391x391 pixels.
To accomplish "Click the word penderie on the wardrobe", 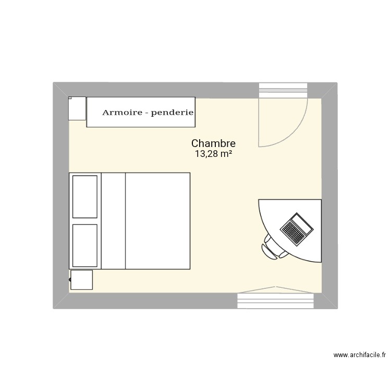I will [x=172, y=112].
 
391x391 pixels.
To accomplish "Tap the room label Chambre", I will [x=213, y=143].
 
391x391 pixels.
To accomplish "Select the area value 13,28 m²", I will [x=213, y=154].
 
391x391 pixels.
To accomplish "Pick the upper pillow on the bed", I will [x=85, y=197].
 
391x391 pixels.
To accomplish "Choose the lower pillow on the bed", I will [x=85, y=245].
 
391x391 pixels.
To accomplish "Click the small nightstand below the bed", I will [x=81, y=279].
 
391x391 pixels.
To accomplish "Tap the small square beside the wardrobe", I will [x=77, y=108].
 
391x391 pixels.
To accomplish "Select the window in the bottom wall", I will [x=276, y=300].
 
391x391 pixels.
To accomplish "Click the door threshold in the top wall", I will [x=284, y=89].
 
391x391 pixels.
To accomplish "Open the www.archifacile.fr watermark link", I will [x=359, y=356].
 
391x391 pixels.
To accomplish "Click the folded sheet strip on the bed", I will [x=114, y=221].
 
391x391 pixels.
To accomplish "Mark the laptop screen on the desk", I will [x=302, y=223].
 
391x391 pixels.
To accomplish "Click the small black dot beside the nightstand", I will [x=70, y=280].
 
